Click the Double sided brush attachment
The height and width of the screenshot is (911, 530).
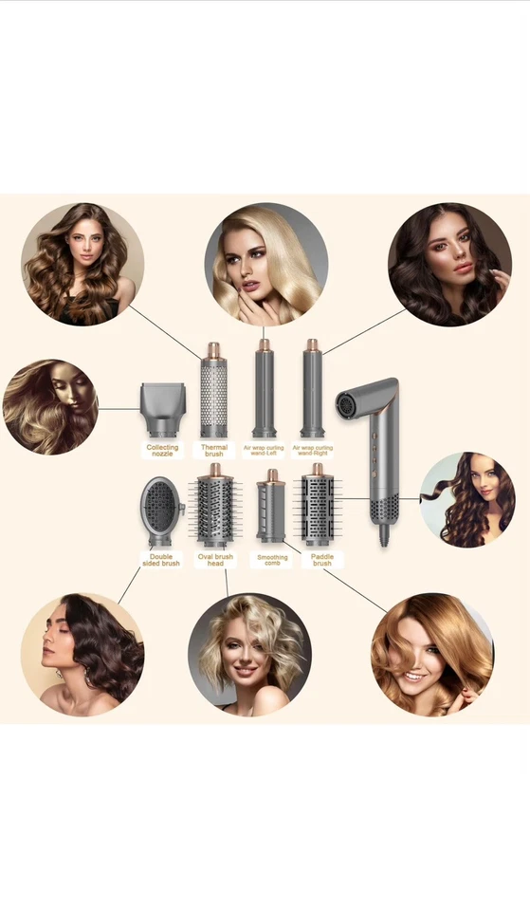click(162, 511)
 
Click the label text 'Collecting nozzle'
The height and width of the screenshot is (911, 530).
click(162, 451)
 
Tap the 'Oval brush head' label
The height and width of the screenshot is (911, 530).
click(215, 559)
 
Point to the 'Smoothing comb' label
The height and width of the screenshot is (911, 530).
click(271, 559)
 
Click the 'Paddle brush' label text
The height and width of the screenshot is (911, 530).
click(322, 559)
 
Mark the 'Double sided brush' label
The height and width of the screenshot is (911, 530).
click(163, 559)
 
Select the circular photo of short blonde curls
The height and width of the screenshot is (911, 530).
click(249, 655)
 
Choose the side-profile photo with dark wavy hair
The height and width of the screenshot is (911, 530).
click(82, 655)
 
